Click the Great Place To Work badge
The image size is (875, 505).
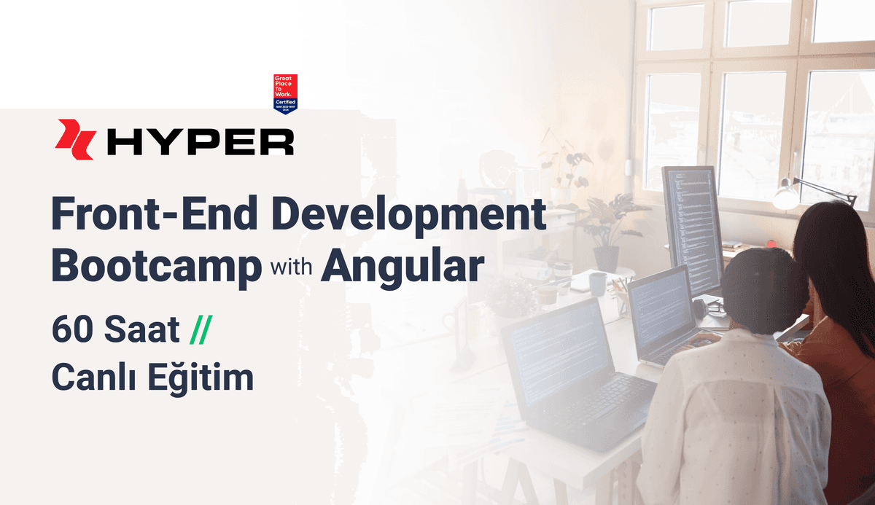(x=285, y=94)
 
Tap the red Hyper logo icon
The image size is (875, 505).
(x=75, y=138)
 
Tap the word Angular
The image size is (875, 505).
(x=402, y=268)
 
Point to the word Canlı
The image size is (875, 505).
(x=92, y=378)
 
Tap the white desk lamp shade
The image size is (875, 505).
(x=786, y=195)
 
